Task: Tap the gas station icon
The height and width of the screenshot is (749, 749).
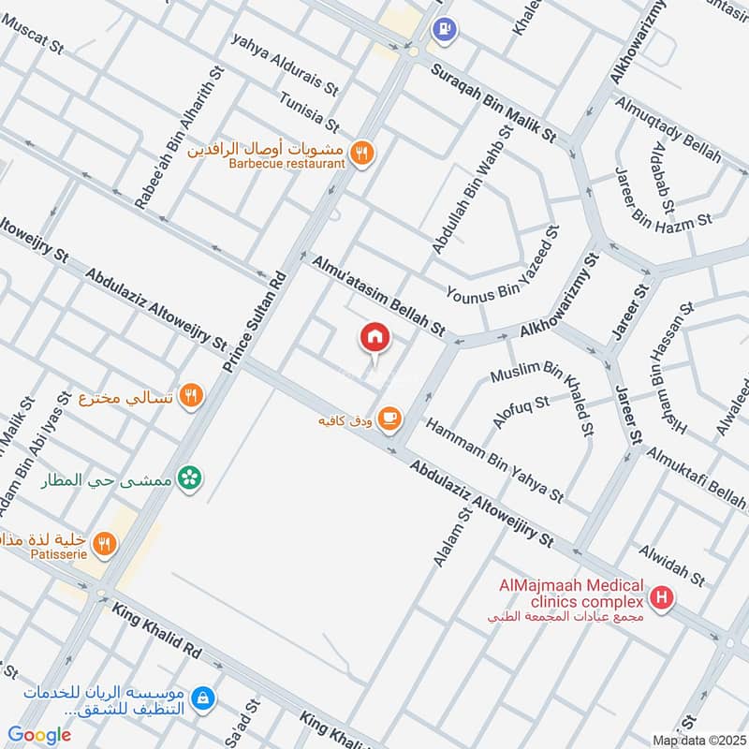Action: point(444,31)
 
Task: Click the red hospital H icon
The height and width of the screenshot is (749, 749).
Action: point(663,597)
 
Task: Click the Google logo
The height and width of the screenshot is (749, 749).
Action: point(39,735)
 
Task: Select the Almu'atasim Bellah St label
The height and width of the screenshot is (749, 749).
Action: point(378,295)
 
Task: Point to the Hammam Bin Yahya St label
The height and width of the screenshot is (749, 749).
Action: point(494,459)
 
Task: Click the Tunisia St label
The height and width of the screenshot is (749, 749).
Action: point(310,111)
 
